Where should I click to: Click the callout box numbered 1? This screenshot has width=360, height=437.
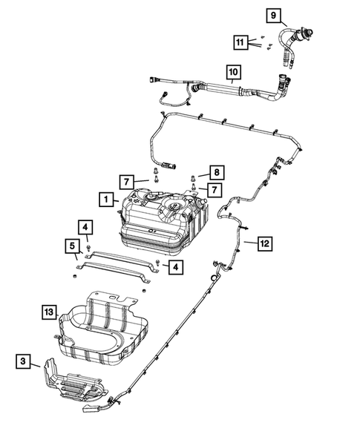coord(108,199)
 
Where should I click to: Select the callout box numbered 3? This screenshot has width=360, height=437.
coord(24,361)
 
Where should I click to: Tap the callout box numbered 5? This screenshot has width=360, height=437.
coord(74,244)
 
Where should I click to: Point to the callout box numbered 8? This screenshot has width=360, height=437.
coord(215,172)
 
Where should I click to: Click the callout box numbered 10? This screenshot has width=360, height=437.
coord(233,72)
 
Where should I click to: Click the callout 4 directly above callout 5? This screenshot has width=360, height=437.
coord(87,226)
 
